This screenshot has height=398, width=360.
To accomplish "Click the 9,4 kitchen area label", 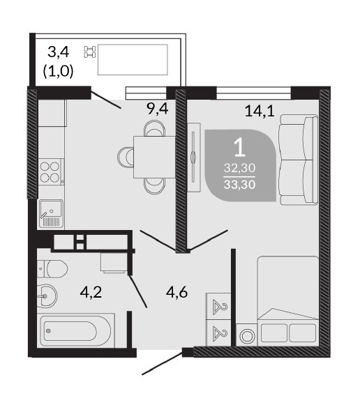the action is tap(157, 109).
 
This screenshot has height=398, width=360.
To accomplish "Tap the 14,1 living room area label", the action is tap(260, 111).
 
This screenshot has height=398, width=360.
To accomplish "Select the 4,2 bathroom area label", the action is tap(91, 292).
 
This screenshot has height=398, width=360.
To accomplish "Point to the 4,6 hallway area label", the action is tap(177, 292).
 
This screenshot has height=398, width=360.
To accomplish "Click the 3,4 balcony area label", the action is tap(59, 52).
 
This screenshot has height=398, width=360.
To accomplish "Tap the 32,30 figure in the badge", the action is tap(239, 168).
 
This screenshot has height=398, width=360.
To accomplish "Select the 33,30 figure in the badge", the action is tap(239, 185).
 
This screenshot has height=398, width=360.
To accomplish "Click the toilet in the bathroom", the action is tap(52, 268).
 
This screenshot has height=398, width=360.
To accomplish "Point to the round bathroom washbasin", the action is tap(47, 296).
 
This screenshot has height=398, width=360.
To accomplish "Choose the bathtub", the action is tap(76, 331).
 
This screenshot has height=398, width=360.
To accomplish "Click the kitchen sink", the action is tap(51, 213).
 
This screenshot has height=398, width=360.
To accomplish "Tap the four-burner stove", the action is tap(51, 172).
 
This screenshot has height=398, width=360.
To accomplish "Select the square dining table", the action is tap(154, 157).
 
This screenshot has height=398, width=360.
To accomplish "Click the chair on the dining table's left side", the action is tap(126, 158).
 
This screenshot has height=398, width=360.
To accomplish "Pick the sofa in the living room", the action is tap(299, 160).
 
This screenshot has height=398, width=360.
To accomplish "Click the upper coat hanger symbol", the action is tap(220, 307).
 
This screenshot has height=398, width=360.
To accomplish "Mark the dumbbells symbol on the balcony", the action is tap(90, 52).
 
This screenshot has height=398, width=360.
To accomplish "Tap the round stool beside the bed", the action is tap(246, 336).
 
